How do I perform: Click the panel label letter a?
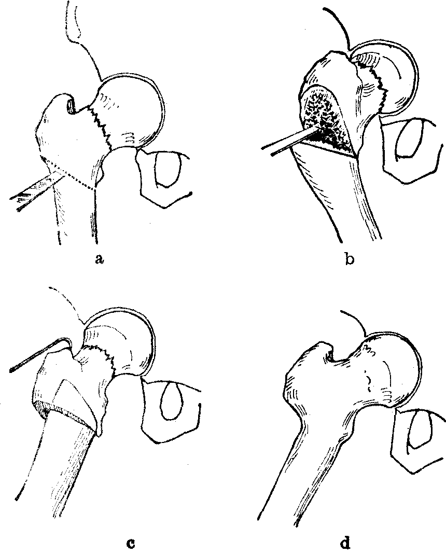(99, 260)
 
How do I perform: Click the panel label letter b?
(350, 260)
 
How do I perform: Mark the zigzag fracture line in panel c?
(102, 357)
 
